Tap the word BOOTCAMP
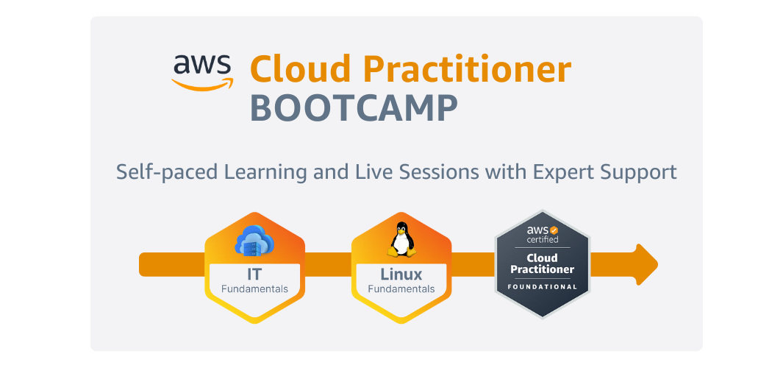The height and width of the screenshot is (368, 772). pyautogui.click(x=354, y=107)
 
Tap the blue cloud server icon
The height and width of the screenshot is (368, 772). pyautogui.click(x=254, y=241)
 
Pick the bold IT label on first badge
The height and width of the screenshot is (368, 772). pyautogui.click(x=254, y=275)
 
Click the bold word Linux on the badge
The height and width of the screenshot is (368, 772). pyautogui.click(x=401, y=275)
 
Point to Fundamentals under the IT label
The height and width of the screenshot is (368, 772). pyautogui.click(x=254, y=289)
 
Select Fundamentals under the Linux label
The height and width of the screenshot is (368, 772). pyautogui.click(x=401, y=289)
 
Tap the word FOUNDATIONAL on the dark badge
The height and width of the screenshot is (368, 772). pyautogui.click(x=543, y=286)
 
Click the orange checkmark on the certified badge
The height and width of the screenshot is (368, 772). pyautogui.click(x=554, y=230)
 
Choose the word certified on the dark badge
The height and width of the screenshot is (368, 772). pyautogui.click(x=543, y=240)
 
